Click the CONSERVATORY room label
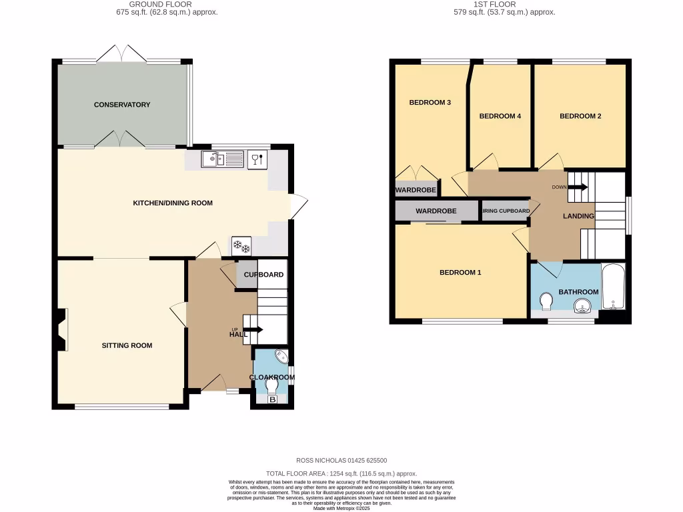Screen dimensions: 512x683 [122, 105]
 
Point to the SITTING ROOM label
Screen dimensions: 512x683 [127, 345]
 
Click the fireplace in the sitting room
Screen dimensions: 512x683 [62, 329]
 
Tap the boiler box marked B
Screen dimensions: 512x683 [272, 400]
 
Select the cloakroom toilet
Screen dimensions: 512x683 [272, 385]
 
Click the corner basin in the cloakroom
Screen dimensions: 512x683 [281, 357]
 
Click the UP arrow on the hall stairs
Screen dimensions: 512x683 [254, 329]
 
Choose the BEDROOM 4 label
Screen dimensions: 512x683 [500, 116]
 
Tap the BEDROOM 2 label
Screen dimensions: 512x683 [580, 116]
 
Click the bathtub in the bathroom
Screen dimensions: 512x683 [613, 287]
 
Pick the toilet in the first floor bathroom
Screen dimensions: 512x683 [546, 302]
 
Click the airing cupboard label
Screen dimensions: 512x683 [506, 211]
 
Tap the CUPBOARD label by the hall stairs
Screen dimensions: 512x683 [263, 275]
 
